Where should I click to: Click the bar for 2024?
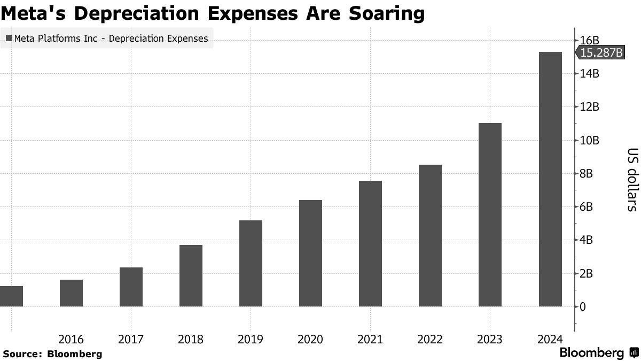tap(550, 179)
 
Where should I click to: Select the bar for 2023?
tap(490, 214)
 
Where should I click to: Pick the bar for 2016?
tap(71, 293)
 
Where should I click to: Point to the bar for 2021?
tap(370, 243)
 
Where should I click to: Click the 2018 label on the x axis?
tap(191, 339)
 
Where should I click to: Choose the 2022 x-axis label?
tap(430, 339)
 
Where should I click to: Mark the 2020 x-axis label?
tap(310, 339)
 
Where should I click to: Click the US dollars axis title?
tap(631, 179)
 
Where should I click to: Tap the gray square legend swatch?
tap(9, 38)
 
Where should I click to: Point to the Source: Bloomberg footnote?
tap(52, 354)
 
